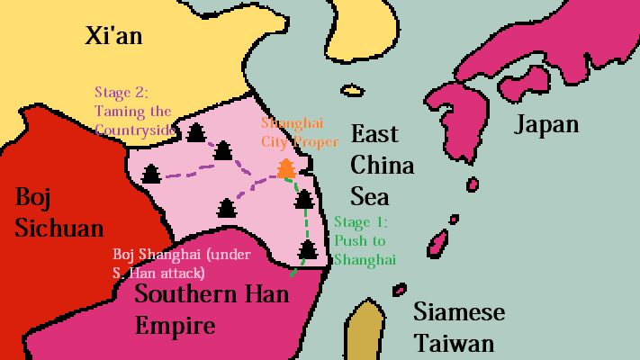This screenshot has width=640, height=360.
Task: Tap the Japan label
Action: (x=545, y=124)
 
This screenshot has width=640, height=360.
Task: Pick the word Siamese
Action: (x=458, y=312)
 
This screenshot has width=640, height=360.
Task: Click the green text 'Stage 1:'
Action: (x=362, y=221)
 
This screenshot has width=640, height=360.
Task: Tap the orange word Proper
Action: (x=320, y=142)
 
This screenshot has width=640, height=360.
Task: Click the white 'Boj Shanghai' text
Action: (x=155, y=255)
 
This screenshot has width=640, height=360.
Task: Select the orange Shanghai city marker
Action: (x=285, y=167)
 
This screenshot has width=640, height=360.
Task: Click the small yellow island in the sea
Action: (x=351, y=90)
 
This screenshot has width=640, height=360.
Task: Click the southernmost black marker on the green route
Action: (x=309, y=247)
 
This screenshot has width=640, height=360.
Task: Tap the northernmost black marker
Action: (x=196, y=133)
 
